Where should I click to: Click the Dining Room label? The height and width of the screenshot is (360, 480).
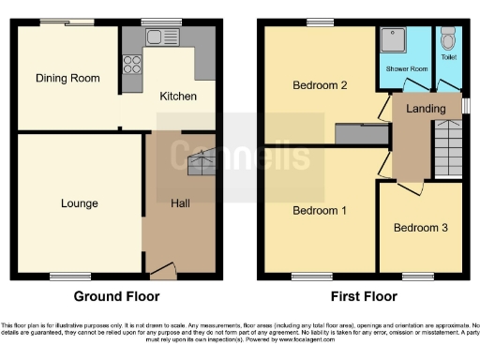67,78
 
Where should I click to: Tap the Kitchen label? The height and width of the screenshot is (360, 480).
178,96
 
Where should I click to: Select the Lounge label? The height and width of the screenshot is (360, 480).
80,202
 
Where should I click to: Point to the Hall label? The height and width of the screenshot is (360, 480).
182,202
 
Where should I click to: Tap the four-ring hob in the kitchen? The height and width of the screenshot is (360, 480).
132,67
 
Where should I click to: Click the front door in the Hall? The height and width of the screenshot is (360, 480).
161,271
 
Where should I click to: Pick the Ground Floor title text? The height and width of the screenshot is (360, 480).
123,296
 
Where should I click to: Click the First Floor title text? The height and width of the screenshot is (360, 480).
363,296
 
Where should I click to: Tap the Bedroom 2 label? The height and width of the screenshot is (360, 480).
320,85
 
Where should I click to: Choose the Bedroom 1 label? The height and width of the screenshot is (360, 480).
320,210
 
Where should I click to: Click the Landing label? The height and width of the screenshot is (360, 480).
425,109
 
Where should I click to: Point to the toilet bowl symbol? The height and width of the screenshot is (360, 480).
447,41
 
